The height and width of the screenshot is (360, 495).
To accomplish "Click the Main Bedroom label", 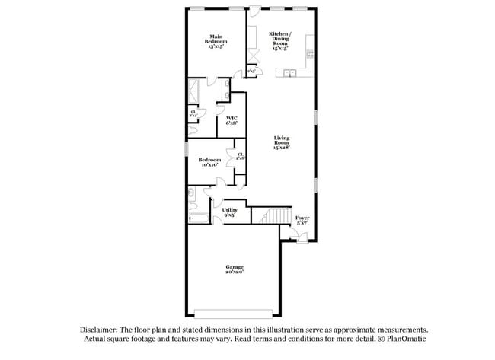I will click(x=216, y=40).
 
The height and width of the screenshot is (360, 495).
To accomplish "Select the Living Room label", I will click(x=281, y=142).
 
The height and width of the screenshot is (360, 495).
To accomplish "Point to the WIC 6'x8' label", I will click(x=232, y=119).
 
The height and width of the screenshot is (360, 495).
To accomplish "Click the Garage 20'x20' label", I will click(x=234, y=269).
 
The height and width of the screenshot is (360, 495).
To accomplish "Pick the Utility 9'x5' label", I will click(x=229, y=212).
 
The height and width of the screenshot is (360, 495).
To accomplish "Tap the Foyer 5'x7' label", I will click(x=302, y=220).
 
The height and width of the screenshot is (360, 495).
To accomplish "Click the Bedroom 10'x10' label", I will click(x=209, y=161).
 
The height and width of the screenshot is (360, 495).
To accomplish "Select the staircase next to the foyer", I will click(x=277, y=217).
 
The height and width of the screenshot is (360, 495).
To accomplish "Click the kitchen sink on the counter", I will click(x=289, y=73).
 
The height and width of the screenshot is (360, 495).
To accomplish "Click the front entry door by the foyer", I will click(x=302, y=238).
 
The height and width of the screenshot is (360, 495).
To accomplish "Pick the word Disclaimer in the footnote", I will click(x=102, y=330).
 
